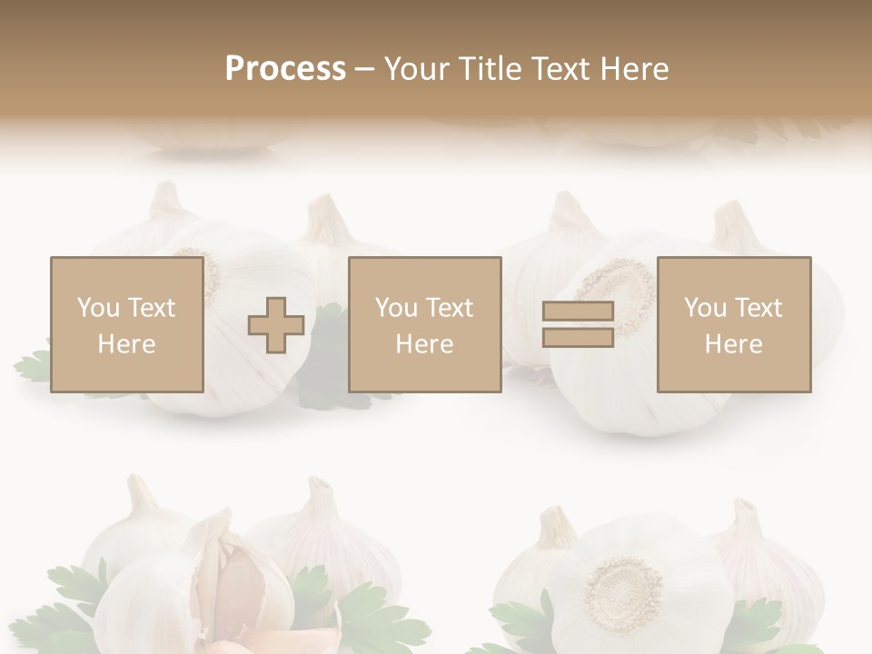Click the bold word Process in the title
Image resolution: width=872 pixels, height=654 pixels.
click(285, 69)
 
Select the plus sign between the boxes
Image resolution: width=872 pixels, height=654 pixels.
click(276, 325)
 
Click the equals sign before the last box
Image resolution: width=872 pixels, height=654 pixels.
click(578, 325)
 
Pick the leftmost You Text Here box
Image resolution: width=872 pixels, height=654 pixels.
click(126, 325)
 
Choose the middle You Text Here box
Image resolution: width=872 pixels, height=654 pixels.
click(424, 325)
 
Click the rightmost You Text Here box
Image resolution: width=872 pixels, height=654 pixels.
click(733, 325)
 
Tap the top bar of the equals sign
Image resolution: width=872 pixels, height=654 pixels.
click(578, 312)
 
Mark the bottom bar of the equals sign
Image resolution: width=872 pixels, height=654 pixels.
click(578, 337)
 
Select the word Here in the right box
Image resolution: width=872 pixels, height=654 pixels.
click(733, 344)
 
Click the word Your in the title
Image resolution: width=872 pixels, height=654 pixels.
click(416, 69)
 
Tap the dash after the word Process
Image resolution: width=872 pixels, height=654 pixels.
click(364, 69)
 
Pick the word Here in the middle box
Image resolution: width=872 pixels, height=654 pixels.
click(424, 344)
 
